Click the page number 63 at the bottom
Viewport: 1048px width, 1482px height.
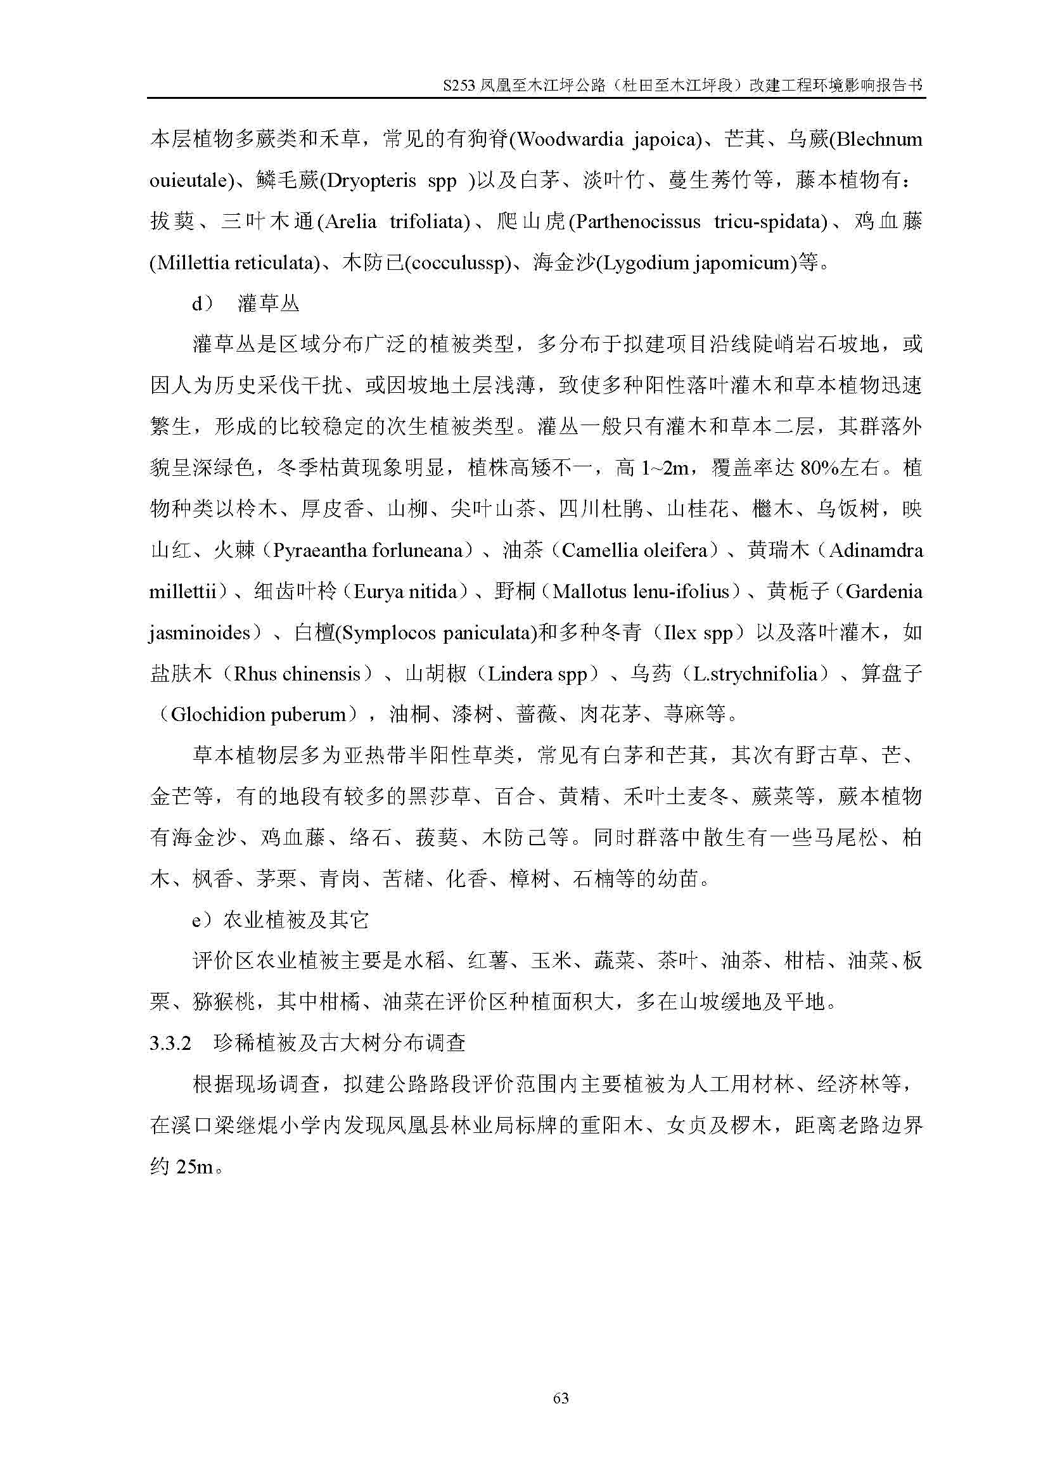pos(561,1398)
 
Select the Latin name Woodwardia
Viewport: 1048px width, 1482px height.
pos(569,139)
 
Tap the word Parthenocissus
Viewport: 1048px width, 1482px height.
pos(637,221)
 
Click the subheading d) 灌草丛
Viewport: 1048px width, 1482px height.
pos(245,303)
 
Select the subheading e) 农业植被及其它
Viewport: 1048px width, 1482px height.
pos(281,920)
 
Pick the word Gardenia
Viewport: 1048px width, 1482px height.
pos(883,591)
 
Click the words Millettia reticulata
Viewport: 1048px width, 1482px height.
pos(234,263)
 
